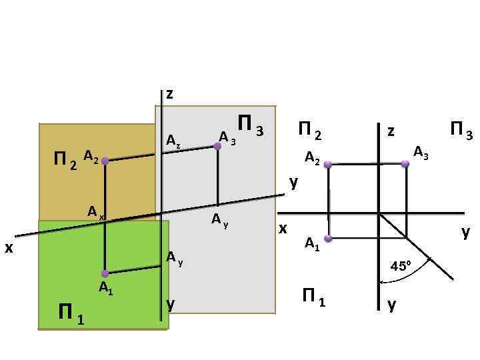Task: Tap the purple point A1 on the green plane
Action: (x=105, y=273)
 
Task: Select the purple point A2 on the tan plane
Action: (x=105, y=161)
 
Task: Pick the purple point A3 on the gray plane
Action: (x=217, y=146)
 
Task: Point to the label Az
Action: (x=173, y=141)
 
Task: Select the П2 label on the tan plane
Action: (x=64, y=161)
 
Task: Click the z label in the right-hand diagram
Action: (x=391, y=131)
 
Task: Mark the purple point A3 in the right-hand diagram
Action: (x=405, y=163)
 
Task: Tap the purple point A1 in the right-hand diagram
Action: (x=328, y=238)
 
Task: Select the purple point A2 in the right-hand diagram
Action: (x=328, y=164)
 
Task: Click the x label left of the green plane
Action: (x=9, y=247)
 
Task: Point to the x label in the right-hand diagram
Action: (x=283, y=229)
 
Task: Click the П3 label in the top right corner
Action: (x=461, y=130)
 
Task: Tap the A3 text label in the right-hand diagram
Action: (x=421, y=153)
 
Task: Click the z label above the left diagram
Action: (x=169, y=94)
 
